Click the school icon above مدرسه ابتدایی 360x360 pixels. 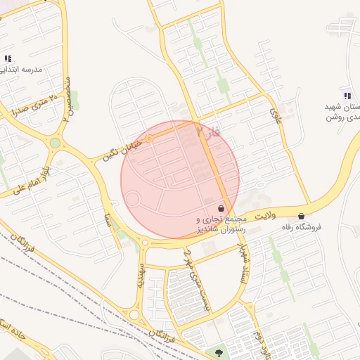tap(8, 59)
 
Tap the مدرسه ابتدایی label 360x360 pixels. tap(22, 70)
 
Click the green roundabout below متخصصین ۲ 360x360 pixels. tap(55, 143)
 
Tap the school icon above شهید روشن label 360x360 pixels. tap(346, 95)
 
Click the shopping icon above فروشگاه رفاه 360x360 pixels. tap(302, 216)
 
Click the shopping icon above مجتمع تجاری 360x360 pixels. tap(221, 209)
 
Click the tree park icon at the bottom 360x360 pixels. tap(219, 352)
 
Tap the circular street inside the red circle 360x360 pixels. tap(132, 199)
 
